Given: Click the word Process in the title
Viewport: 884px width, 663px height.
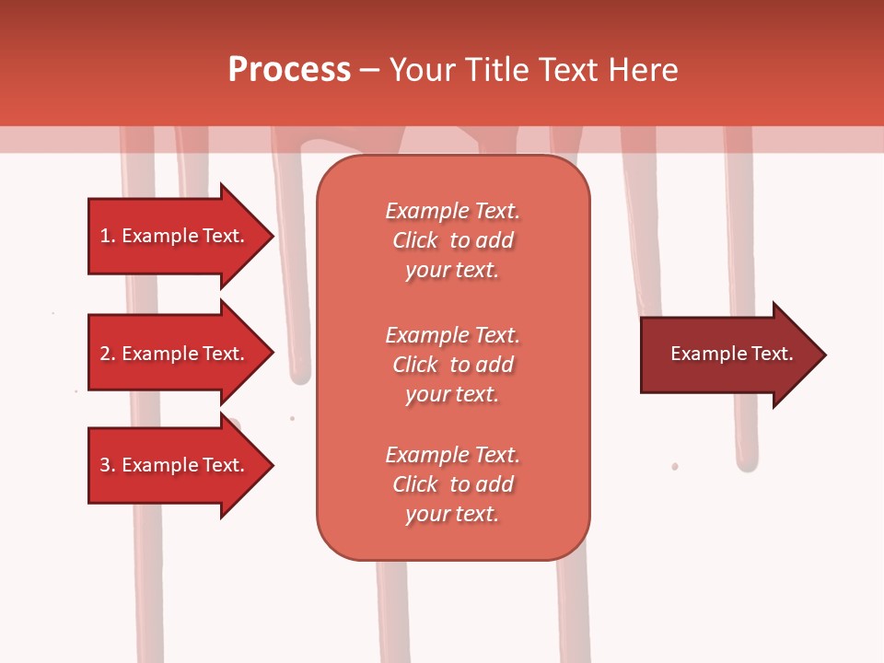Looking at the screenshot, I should coord(289,70).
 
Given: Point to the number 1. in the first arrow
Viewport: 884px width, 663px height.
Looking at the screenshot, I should coord(108,236).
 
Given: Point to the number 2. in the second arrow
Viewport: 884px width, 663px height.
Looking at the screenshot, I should coord(108,354).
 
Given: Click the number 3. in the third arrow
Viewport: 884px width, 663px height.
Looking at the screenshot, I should coord(108,465).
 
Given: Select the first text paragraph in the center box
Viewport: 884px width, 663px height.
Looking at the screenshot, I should coord(452,240).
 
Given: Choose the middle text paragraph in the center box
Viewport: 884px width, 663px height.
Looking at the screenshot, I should coord(452,365).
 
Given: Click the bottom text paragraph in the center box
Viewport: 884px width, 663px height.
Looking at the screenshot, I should coord(452,484).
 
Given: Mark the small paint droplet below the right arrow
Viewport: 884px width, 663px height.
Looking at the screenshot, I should coord(675,467).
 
